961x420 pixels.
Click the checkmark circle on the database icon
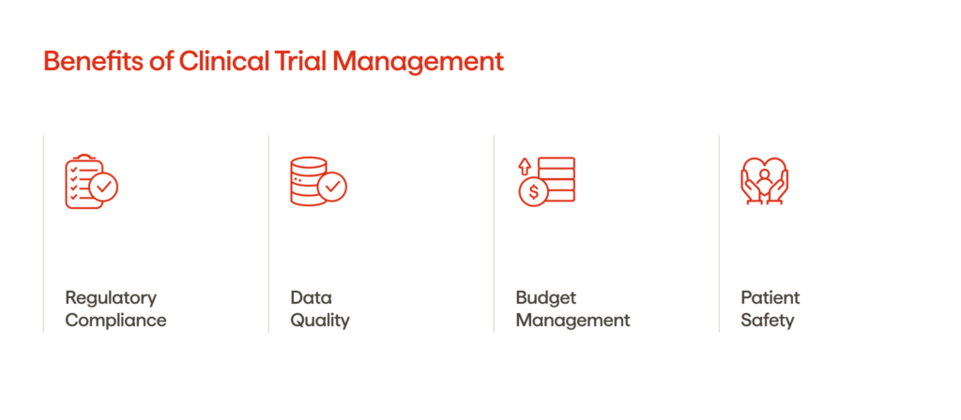[x=332, y=187]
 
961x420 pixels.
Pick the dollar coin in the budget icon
[x=533, y=192]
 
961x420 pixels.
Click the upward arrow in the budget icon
[x=525, y=166]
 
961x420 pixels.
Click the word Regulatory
[x=111, y=298]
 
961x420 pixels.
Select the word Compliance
[x=115, y=321]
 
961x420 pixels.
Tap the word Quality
[x=319, y=321]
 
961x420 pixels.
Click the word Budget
[x=545, y=298]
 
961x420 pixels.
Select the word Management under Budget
[x=572, y=321]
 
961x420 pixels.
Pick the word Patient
[x=770, y=298]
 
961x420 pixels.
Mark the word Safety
[x=768, y=321]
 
